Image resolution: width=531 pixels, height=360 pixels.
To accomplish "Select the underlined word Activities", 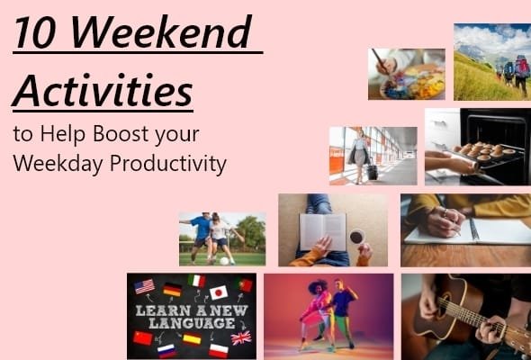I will point(103,89).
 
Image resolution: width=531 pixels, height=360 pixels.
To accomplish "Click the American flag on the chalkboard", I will point(144,286).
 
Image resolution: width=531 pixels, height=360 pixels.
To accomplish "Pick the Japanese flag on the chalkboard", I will point(219,292).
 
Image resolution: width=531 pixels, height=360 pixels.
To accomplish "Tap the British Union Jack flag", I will point(241,337).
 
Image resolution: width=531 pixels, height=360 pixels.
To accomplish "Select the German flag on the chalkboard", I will point(172,289).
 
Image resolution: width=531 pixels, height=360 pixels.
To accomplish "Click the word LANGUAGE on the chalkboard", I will point(191,323).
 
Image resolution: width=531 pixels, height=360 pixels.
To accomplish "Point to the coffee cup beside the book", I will point(356,237).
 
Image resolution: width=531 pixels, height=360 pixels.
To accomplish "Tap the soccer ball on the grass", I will point(224,260).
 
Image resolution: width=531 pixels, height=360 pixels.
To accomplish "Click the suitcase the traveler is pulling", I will point(371,170).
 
